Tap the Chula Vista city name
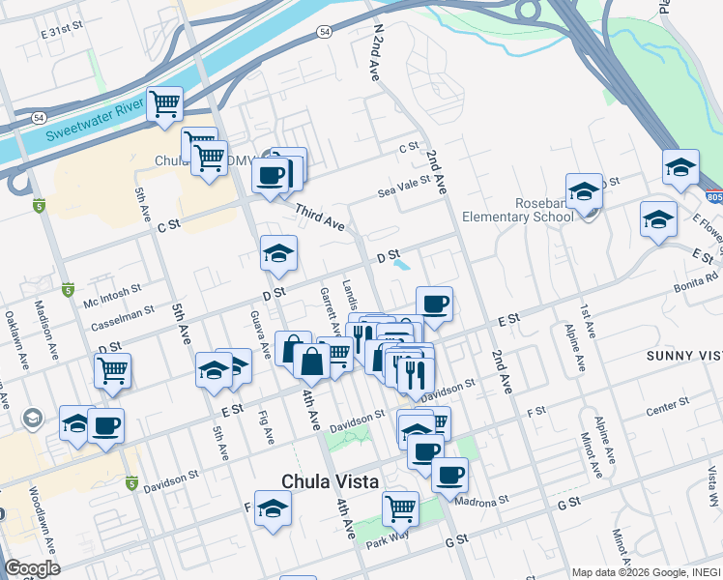(x=329, y=481)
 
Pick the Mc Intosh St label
(x=112, y=289)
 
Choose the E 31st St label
(x=64, y=33)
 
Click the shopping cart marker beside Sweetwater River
(x=164, y=103)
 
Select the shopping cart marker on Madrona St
(x=399, y=507)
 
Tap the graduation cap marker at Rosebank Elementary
(x=584, y=190)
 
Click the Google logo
(x=32, y=568)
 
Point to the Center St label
(x=667, y=408)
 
